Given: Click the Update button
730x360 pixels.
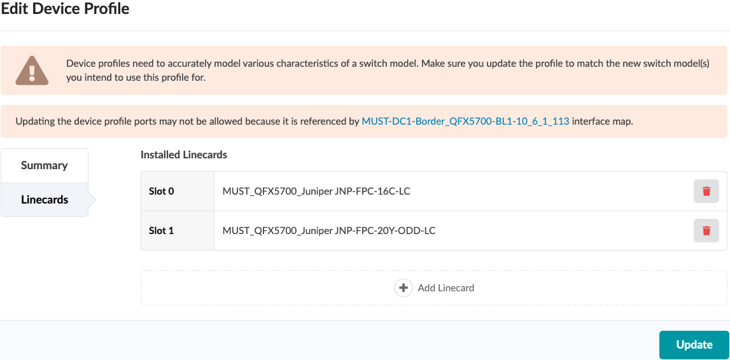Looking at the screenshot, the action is (694, 345).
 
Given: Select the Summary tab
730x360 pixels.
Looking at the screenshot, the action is (44, 165).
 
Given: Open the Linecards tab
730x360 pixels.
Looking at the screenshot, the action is (45, 200).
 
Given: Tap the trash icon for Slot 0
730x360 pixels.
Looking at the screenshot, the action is (706, 191).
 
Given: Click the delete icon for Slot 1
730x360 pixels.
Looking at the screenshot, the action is (706, 230).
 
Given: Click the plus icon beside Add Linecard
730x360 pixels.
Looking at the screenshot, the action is (403, 288).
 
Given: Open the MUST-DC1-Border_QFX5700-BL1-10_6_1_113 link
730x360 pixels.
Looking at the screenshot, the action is (465, 122).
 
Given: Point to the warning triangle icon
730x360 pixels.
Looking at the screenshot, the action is (32, 71).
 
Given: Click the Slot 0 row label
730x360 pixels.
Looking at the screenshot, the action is (162, 191).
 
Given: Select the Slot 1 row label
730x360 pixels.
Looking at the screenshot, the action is (162, 230).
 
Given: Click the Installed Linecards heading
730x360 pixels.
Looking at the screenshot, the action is (184, 155).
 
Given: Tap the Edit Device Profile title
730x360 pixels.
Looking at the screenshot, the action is (65, 9).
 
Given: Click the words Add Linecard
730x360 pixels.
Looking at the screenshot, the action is (446, 288).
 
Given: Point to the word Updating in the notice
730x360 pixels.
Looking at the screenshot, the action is (34, 122).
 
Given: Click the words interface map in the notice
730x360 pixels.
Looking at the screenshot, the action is (603, 122).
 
